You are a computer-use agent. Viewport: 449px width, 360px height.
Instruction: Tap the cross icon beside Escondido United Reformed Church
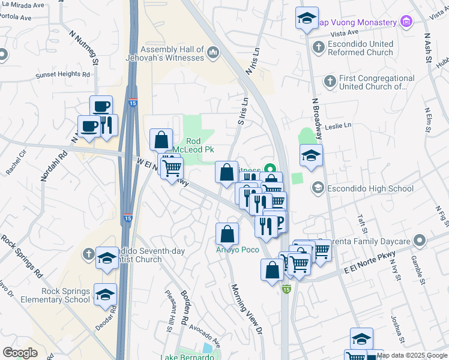pyautogui.click(x=319, y=45)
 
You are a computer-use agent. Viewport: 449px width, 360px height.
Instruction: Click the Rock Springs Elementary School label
pyautogui.click(x=58, y=295)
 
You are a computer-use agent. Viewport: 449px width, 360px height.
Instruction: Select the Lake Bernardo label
pyautogui.click(x=187, y=357)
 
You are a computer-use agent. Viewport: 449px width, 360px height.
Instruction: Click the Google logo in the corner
pyautogui.click(x=20, y=353)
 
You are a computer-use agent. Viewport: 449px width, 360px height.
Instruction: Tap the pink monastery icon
pyautogui.click(x=407, y=22)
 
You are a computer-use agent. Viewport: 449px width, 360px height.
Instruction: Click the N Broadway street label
pyautogui.click(x=315, y=117)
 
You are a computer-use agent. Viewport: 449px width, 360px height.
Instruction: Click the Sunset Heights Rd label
pyautogui.click(x=63, y=75)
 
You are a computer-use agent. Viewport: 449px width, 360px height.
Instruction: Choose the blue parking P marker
pyautogui.click(x=278, y=221)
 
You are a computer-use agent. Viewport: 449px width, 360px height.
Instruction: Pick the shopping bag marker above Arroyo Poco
pyautogui.click(x=227, y=233)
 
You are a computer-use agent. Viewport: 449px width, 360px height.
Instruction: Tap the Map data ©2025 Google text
pyautogui.click(x=412, y=355)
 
